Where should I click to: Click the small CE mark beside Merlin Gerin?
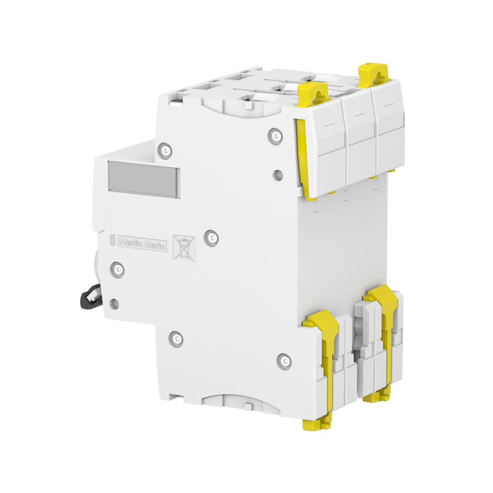[112, 240]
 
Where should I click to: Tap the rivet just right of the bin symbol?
[211, 236]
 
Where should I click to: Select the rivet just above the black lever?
[118, 268]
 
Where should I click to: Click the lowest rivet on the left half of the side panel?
[177, 337]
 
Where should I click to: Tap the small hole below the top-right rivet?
[278, 175]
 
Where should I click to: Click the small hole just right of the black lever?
[115, 303]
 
